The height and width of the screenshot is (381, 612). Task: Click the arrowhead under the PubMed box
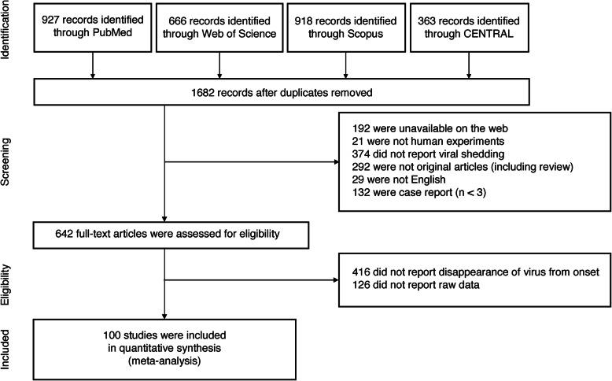point(93,76)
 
